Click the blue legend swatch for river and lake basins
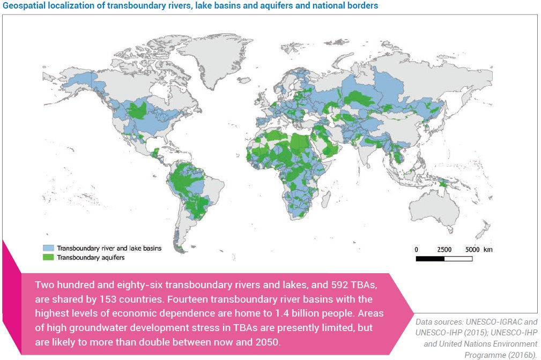(49, 249)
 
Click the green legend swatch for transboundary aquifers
(49, 257)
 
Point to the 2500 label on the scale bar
(444, 250)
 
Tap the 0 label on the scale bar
(417, 250)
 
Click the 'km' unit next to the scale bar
(488, 250)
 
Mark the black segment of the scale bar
(430, 259)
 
